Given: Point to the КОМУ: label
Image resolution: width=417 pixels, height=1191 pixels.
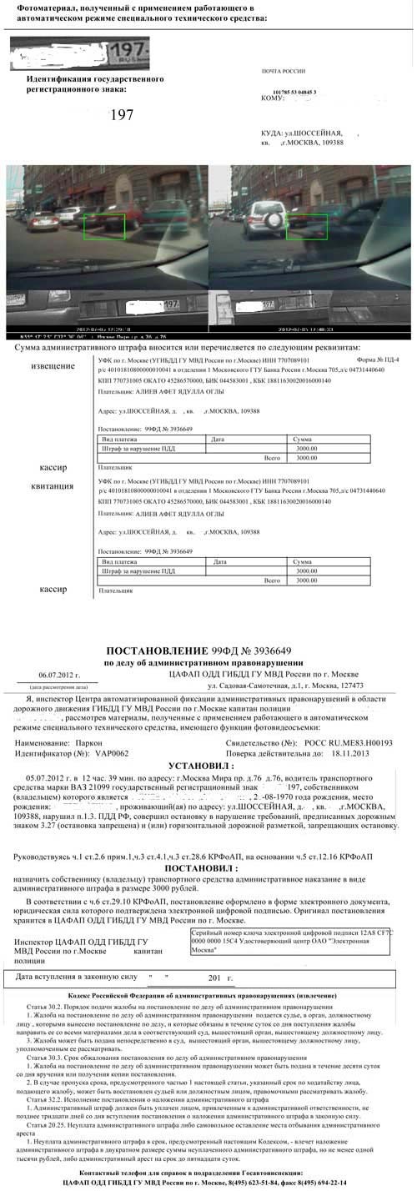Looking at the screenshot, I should click(x=274, y=98).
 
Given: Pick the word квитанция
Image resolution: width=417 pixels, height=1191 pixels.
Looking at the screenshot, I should click(x=52, y=485).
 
